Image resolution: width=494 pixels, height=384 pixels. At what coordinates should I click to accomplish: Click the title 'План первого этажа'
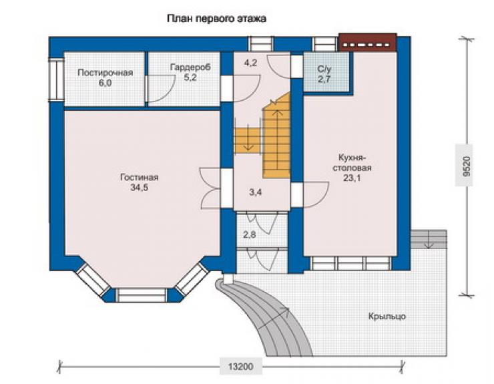[216, 19]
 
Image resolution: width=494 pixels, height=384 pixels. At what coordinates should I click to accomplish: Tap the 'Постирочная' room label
[105, 73]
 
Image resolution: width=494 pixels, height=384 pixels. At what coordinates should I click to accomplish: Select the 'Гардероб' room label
[190, 67]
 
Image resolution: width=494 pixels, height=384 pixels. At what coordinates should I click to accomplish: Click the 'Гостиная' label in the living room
[139, 178]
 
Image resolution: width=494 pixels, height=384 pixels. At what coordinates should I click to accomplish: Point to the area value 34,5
[140, 188]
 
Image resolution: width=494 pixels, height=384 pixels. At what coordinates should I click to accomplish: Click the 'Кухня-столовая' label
[352, 162]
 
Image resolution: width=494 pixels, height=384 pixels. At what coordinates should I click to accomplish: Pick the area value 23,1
[352, 178]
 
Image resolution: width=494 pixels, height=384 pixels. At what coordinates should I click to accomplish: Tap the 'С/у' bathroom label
[324, 69]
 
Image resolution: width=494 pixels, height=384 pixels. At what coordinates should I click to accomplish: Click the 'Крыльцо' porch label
[387, 317]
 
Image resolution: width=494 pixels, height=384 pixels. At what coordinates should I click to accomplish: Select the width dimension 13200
[241, 367]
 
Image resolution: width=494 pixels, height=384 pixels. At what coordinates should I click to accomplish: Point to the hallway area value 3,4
[256, 192]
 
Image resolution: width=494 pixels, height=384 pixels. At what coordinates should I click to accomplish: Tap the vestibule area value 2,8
[249, 234]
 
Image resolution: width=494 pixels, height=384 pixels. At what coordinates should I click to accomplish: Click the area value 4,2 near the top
[251, 63]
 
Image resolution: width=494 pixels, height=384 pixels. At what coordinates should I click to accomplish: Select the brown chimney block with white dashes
[368, 42]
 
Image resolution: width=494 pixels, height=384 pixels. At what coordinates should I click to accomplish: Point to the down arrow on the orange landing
[248, 137]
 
